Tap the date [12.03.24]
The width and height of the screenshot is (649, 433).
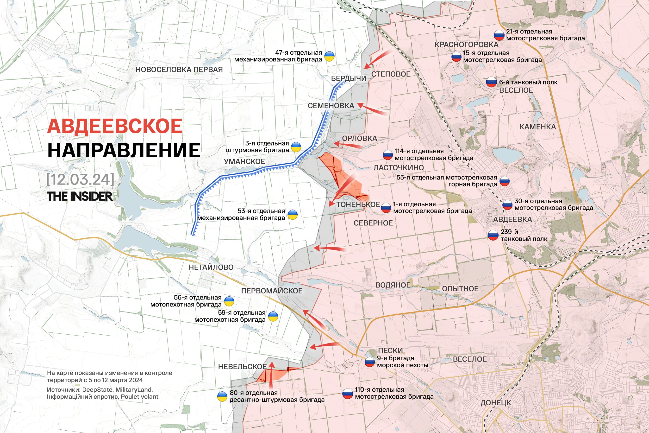[80, 179]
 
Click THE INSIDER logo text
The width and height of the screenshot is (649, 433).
[80, 196]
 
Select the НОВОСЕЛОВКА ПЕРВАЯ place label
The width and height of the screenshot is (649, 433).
[179, 70]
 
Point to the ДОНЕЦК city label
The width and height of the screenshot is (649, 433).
[496, 403]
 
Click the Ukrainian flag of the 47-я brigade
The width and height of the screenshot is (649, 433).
[329, 56]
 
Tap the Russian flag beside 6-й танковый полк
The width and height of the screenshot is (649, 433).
[491, 82]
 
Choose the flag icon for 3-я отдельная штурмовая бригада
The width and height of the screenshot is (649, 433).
[296, 147]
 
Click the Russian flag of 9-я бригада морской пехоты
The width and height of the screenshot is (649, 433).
[369, 362]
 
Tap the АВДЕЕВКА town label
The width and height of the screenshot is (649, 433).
[512, 220]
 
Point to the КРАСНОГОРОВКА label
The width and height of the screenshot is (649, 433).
[466, 45]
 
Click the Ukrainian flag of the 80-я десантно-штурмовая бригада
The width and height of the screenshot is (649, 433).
[222, 396]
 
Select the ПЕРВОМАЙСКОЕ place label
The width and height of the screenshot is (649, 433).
[272, 291]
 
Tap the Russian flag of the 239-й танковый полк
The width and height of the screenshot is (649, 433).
[493, 235]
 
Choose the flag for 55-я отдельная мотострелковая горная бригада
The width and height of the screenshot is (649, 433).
[504, 181]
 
